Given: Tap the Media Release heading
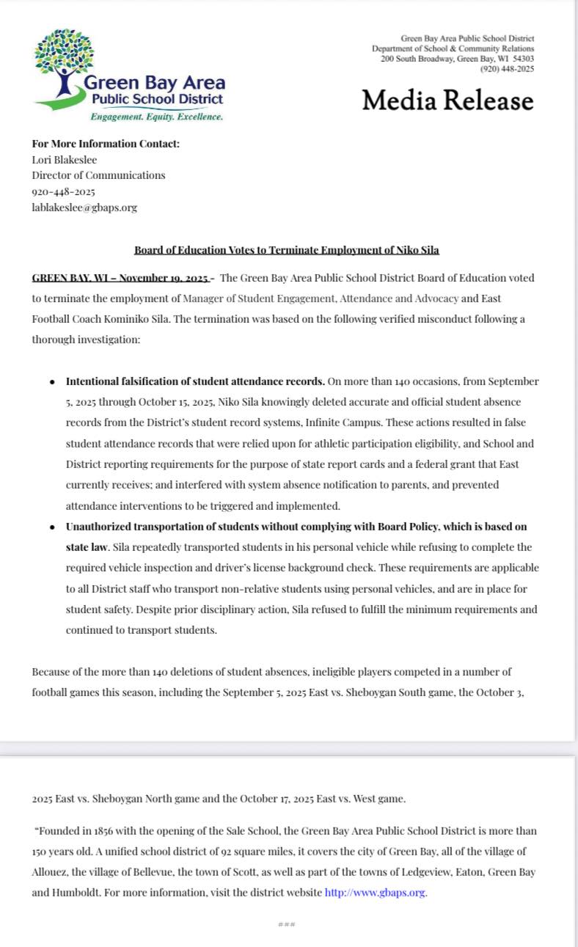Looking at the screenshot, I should [x=447, y=100].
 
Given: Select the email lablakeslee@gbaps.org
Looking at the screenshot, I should [x=84, y=208].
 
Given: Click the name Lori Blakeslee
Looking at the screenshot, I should [x=65, y=159].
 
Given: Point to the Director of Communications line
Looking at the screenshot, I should [x=98, y=175].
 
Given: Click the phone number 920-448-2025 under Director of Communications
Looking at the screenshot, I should [x=63, y=191].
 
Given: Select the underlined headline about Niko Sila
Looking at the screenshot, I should [x=287, y=250].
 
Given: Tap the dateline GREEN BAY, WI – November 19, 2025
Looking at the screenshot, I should [x=122, y=278].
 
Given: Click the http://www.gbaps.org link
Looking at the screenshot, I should [x=375, y=893].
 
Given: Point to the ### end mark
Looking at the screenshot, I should [x=287, y=924].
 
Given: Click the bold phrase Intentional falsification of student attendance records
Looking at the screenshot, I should [x=195, y=381].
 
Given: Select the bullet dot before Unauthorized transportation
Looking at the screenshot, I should [x=51, y=527].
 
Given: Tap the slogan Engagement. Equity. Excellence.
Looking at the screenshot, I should [x=156, y=117].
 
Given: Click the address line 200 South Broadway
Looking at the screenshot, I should [x=457, y=59].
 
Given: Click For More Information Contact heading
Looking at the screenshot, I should [x=106, y=144].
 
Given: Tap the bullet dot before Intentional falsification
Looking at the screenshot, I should [x=51, y=382].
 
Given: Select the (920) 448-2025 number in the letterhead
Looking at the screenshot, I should [x=507, y=69].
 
